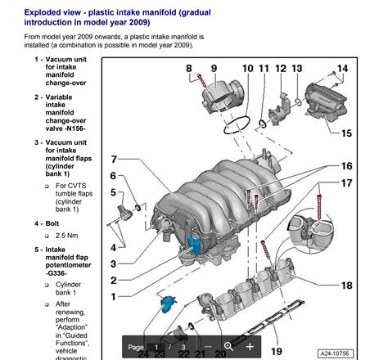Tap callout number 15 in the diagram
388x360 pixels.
click(x=346, y=133)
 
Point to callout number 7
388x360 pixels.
click(x=115, y=160)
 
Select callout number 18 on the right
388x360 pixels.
click(x=346, y=286)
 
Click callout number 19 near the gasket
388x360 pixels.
click(x=277, y=351)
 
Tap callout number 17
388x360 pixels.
click(x=346, y=183)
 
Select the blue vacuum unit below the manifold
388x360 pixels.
click(x=167, y=304)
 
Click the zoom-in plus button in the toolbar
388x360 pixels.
click(x=250, y=346)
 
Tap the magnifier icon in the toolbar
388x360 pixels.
click(x=229, y=346)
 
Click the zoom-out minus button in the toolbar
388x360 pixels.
click(x=209, y=346)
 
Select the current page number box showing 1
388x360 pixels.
click(x=156, y=346)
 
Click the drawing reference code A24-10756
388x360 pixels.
click(x=358, y=353)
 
